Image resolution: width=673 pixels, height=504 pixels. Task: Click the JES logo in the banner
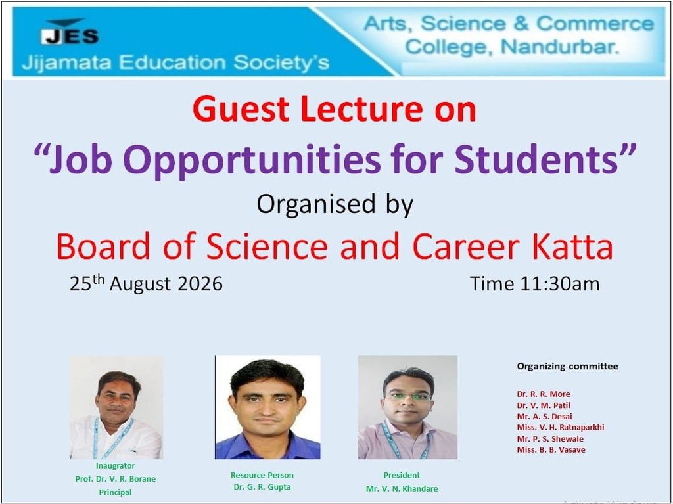pos(70,32)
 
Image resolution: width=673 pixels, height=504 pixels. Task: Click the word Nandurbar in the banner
pos(561,46)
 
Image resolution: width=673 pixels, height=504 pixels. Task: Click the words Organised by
pos(335,204)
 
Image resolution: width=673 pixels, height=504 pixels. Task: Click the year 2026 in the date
pos(200,284)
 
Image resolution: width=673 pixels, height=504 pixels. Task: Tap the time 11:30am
pos(560,284)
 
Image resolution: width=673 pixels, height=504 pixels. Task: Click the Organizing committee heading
pos(567,366)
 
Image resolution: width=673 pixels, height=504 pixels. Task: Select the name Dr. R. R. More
pos(544,394)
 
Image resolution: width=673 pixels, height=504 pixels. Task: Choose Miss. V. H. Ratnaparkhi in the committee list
pos(561,427)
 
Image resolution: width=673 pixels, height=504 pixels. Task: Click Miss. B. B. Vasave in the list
pos(551,449)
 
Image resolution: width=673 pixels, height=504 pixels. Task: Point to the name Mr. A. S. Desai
pos(544,416)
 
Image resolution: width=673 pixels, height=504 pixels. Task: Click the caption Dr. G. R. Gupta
pos(262,486)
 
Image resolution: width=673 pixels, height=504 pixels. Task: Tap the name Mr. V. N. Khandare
pos(402,488)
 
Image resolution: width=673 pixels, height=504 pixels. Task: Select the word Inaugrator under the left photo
pos(115,465)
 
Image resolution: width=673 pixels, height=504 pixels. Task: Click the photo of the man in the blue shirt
pos(267,407)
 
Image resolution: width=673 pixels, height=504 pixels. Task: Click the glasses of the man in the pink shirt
pos(409,396)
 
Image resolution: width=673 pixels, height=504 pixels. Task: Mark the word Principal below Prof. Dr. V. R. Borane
pos(115,492)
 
